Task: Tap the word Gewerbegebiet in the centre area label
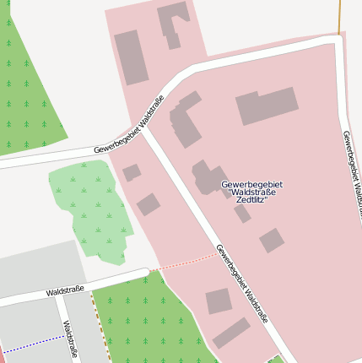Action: click(251, 183)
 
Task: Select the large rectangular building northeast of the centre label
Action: click(267, 106)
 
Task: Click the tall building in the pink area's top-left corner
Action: click(131, 57)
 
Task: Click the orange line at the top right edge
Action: click(339, 17)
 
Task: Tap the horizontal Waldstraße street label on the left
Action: click(65, 290)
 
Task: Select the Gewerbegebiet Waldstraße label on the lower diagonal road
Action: click(241, 284)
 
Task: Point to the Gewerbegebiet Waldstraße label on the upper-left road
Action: click(128, 133)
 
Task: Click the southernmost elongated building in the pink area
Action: click(231, 333)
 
